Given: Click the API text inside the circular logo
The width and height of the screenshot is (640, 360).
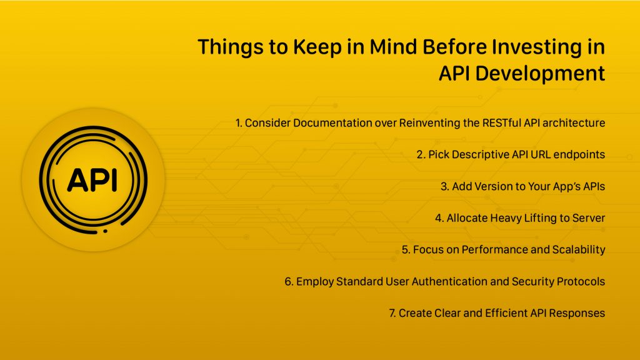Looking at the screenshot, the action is (x=92, y=180).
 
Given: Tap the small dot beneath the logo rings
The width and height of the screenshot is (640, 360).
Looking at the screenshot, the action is (x=105, y=231).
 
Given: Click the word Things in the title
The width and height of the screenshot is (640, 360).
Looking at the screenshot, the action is (x=231, y=47).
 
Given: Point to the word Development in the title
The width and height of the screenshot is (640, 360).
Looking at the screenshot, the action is (x=540, y=74).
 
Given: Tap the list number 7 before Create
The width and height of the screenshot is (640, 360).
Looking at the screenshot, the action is (x=392, y=314).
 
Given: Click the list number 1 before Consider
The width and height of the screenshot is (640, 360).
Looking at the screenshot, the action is (x=239, y=123).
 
